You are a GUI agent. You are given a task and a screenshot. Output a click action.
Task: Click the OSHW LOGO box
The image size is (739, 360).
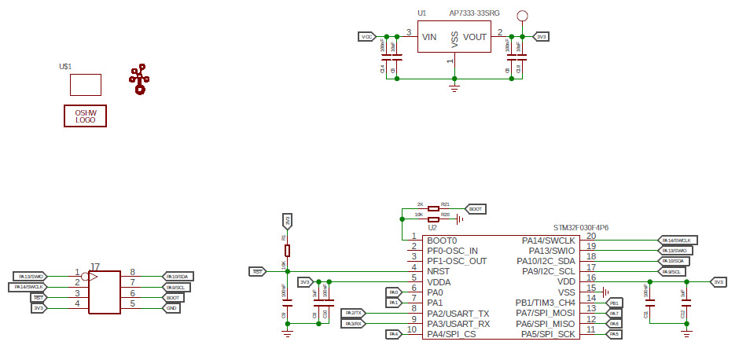pos(85,116)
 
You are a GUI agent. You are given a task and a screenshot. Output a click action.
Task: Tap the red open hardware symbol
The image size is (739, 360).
pos(139,79)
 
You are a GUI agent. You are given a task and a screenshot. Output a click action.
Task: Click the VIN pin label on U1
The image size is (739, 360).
pos(429,37)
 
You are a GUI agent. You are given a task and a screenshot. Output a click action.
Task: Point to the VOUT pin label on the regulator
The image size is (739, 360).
pos(475,37)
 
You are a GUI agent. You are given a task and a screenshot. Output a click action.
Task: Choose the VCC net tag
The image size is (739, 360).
pos(366,36)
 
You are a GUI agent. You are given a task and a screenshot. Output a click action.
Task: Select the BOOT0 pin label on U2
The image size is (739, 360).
pos(442,240)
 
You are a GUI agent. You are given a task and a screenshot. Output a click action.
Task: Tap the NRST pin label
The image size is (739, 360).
pos(439,270)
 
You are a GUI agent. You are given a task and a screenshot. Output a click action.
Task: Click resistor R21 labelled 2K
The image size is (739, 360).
pos(433,209)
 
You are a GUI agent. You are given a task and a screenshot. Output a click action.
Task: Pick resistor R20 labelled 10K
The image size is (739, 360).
pos(433,220)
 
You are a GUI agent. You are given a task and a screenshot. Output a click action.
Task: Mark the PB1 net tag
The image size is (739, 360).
pos(614,303)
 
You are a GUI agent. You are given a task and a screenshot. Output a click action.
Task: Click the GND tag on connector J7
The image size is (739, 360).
pos(172,308)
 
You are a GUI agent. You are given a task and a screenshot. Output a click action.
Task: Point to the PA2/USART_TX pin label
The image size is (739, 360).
pos(458,313)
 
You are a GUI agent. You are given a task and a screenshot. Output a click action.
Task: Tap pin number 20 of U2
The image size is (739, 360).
pos(591,236)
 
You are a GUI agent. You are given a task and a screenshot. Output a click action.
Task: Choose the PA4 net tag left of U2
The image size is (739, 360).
pos(395,334)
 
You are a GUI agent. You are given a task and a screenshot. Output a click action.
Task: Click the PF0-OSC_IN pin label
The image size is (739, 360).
pos(452,250)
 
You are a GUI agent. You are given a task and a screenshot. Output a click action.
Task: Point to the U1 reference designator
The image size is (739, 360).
pos(422,13)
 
